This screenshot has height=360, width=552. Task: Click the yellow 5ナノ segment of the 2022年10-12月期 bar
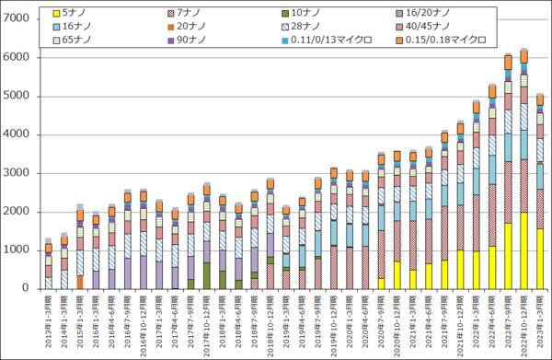524,250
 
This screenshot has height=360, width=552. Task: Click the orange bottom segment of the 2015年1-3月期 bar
80,282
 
